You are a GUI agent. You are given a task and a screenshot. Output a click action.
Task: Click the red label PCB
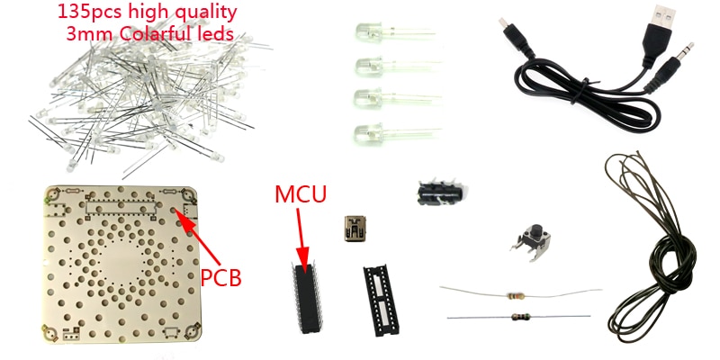tap(220, 276)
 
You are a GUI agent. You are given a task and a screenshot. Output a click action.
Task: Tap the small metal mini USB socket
tap(353, 228)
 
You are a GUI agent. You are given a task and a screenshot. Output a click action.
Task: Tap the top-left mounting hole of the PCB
tap(56, 194)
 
